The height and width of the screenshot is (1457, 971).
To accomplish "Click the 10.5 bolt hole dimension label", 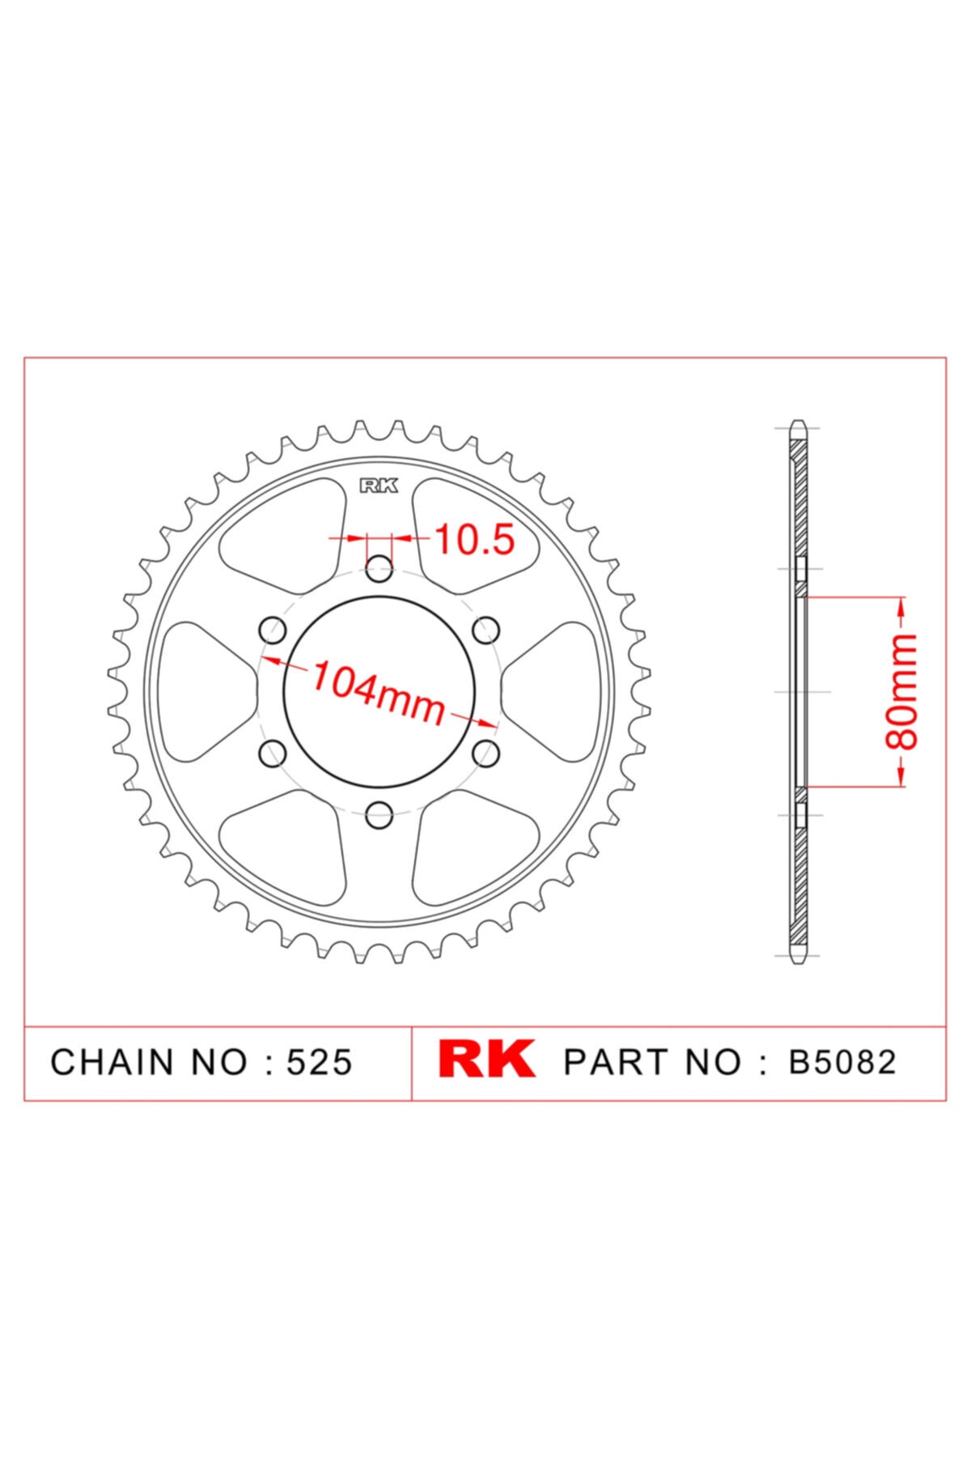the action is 475,540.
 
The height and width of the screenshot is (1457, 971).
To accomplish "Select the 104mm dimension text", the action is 379,693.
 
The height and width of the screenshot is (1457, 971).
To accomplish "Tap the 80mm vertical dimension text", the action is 902,692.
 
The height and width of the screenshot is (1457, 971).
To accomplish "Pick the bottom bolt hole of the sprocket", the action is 379,816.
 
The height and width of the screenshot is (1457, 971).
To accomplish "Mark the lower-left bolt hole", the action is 272,754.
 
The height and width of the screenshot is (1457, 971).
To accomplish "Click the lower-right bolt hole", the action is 486,754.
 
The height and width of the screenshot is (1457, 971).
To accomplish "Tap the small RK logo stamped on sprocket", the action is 379,486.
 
